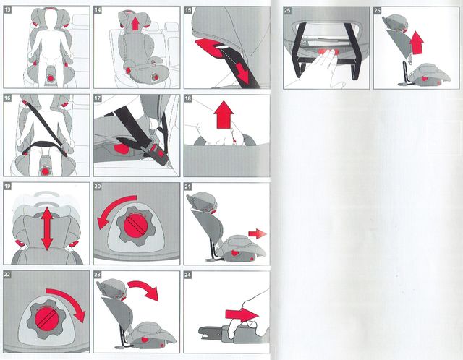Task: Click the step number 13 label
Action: coord(8,10)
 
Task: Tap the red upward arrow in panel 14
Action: coord(135,24)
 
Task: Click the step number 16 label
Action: coord(7,98)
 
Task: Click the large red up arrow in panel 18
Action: coord(224,114)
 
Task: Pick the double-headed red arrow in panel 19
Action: coord(47,228)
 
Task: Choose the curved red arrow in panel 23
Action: coord(145,287)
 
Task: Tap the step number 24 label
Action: coord(188,275)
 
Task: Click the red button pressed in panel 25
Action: coord(324,52)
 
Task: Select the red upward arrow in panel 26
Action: coord(417,43)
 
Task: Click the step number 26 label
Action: coord(378,10)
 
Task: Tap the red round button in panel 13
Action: coord(51,78)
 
